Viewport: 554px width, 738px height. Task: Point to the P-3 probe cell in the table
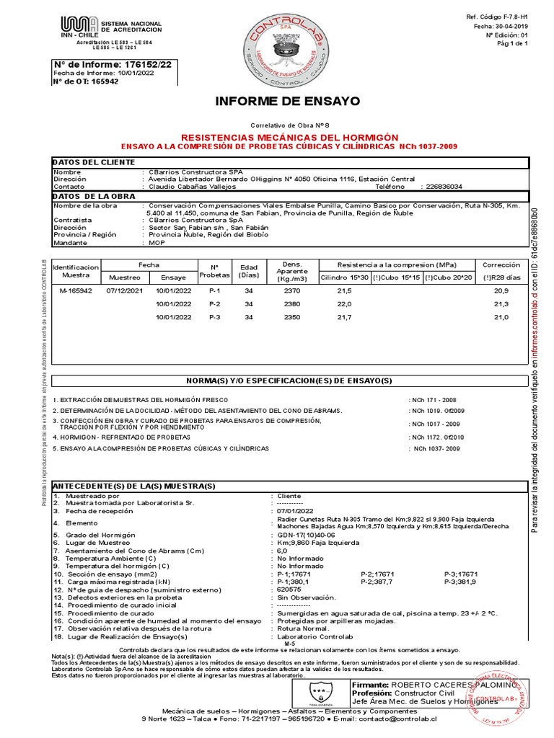click(x=214, y=317)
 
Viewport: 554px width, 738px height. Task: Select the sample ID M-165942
click(x=76, y=290)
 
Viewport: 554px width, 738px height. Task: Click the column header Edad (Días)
click(x=249, y=270)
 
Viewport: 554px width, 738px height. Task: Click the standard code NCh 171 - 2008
click(x=434, y=399)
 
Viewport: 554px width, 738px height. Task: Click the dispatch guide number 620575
click(x=290, y=590)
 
